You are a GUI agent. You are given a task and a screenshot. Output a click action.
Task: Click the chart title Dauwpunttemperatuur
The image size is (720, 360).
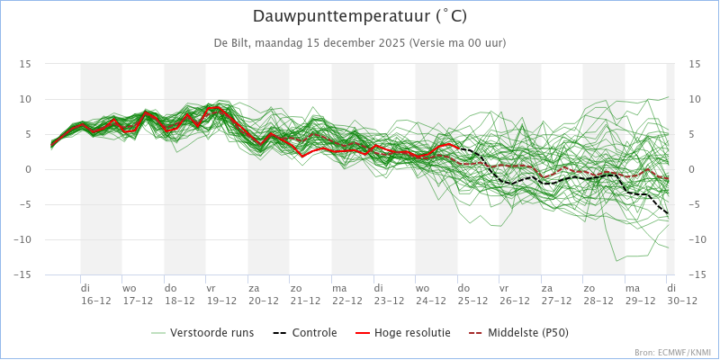[359, 17]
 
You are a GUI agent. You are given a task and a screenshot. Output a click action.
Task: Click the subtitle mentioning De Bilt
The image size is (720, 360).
[359, 43]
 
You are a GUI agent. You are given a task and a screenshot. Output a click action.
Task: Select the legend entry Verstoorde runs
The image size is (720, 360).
[212, 332]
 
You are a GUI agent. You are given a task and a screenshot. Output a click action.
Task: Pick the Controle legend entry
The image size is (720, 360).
[305, 332]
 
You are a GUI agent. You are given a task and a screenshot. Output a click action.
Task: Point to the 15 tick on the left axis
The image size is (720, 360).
[26, 64]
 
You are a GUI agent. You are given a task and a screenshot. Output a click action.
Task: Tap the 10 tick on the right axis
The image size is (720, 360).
[694, 99]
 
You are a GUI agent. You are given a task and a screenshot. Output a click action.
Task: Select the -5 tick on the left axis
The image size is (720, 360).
[26, 204]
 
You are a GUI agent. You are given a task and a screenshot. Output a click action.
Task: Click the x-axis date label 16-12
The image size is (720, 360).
[96, 301]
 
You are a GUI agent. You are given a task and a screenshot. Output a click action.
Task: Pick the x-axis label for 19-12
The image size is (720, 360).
[221, 301]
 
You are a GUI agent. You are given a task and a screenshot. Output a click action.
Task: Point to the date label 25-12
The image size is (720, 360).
[472, 301]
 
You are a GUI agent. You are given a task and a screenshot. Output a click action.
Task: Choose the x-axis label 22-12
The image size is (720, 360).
[347, 301]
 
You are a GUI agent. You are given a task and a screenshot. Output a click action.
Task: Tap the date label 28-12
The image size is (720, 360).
[598, 301]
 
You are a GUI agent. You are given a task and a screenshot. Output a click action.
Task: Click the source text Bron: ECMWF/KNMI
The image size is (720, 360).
[672, 353]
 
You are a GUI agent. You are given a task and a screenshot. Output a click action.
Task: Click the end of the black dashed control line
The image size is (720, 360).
[668, 214]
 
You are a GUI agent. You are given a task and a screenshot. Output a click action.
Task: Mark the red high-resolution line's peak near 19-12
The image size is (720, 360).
[217, 106]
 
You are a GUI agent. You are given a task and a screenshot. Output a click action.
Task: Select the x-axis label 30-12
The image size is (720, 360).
[676, 301]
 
